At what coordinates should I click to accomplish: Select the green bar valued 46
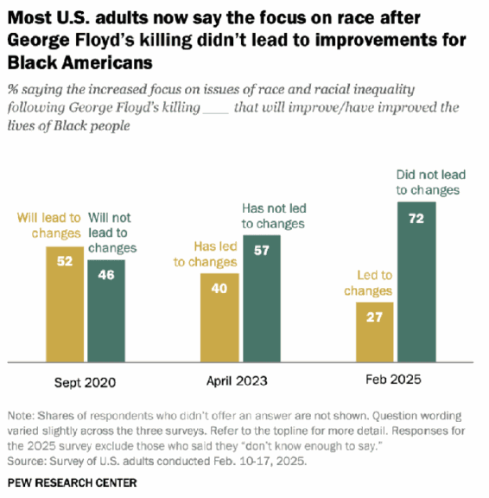pyautogui.click(x=105, y=311)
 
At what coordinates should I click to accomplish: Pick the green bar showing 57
pyautogui.click(x=260, y=303)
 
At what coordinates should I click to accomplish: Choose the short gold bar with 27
pyautogui.click(x=375, y=332)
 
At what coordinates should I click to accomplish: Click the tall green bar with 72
pyautogui.click(x=415, y=282)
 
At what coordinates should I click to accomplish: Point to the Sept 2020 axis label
pyautogui.click(x=86, y=380)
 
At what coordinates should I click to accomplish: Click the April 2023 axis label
pyautogui.click(x=240, y=380)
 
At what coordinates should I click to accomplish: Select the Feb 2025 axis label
pyautogui.click(x=395, y=380)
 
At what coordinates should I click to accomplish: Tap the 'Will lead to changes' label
pyautogui.click(x=49, y=225)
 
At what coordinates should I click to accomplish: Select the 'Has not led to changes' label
pyautogui.click(x=274, y=216)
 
